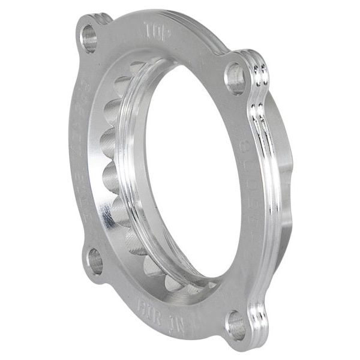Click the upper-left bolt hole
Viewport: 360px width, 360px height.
coord(89,38)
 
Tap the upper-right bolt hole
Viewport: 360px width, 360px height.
coord(236,78)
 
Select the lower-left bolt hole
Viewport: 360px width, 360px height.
coord(95,261)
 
